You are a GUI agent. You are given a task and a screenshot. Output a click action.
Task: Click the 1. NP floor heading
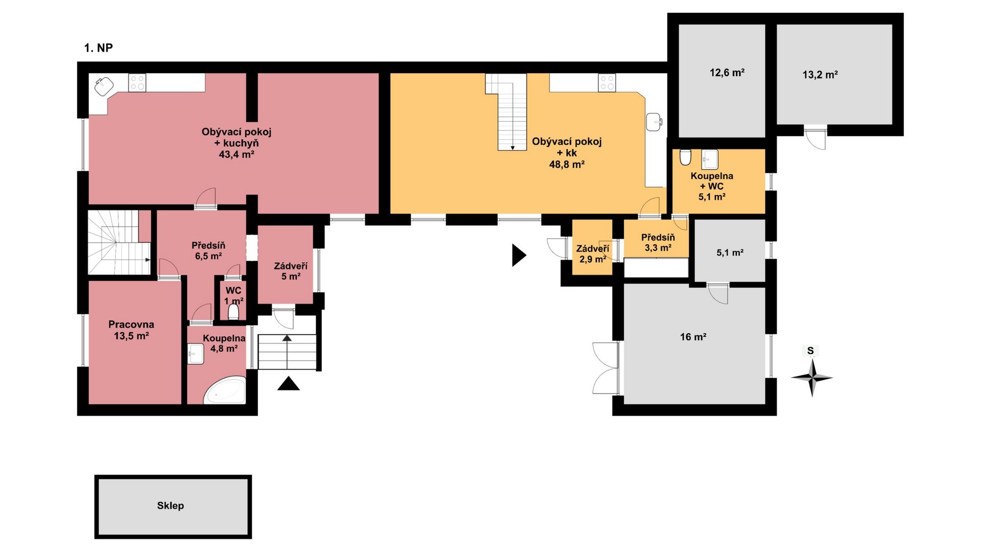pyautogui.click(x=98, y=48)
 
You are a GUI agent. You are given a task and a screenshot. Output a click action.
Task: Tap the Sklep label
pyautogui.click(x=170, y=505)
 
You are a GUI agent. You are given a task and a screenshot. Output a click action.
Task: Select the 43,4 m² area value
pyautogui.click(x=237, y=154)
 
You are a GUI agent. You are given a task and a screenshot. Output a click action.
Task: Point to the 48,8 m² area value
pyautogui.click(x=567, y=165)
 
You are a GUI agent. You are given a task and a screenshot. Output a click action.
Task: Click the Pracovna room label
pyautogui.click(x=131, y=324)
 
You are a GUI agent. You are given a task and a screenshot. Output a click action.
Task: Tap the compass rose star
pyautogui.click(x=812, y=378)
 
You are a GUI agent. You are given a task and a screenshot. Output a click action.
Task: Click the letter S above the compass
pyautogui.click(x=810, y=351)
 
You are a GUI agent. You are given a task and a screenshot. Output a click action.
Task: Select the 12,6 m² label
pyautogui.click(x=727, y=73)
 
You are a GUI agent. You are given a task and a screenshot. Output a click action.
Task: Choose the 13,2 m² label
pyautogui.click(x=820, y=75)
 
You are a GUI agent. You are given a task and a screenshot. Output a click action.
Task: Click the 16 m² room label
pyautogui.click(x=693, y=337)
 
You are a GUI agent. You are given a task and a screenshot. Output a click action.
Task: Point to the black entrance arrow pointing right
pyautogui.click(x=519, y=255)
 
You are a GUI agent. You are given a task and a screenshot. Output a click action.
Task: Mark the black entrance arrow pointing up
pyautogui.click(x=289, y=383)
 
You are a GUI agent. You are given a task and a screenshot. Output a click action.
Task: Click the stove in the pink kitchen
pyautogui.click(x=137, y=82)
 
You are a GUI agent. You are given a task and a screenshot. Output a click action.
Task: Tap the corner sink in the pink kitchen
pyautogui.click(x=104, y=86)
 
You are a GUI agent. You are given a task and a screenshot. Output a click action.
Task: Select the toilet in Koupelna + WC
pyautogui.click(x=685, y=157)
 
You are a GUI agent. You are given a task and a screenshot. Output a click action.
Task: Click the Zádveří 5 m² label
pyautogui.click(x=291, y=271)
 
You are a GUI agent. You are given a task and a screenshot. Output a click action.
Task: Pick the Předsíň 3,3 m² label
pyautogui.click(x=658, y=243)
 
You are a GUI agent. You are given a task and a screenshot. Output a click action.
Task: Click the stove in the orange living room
pyautogui.click(x=607, y=82)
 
